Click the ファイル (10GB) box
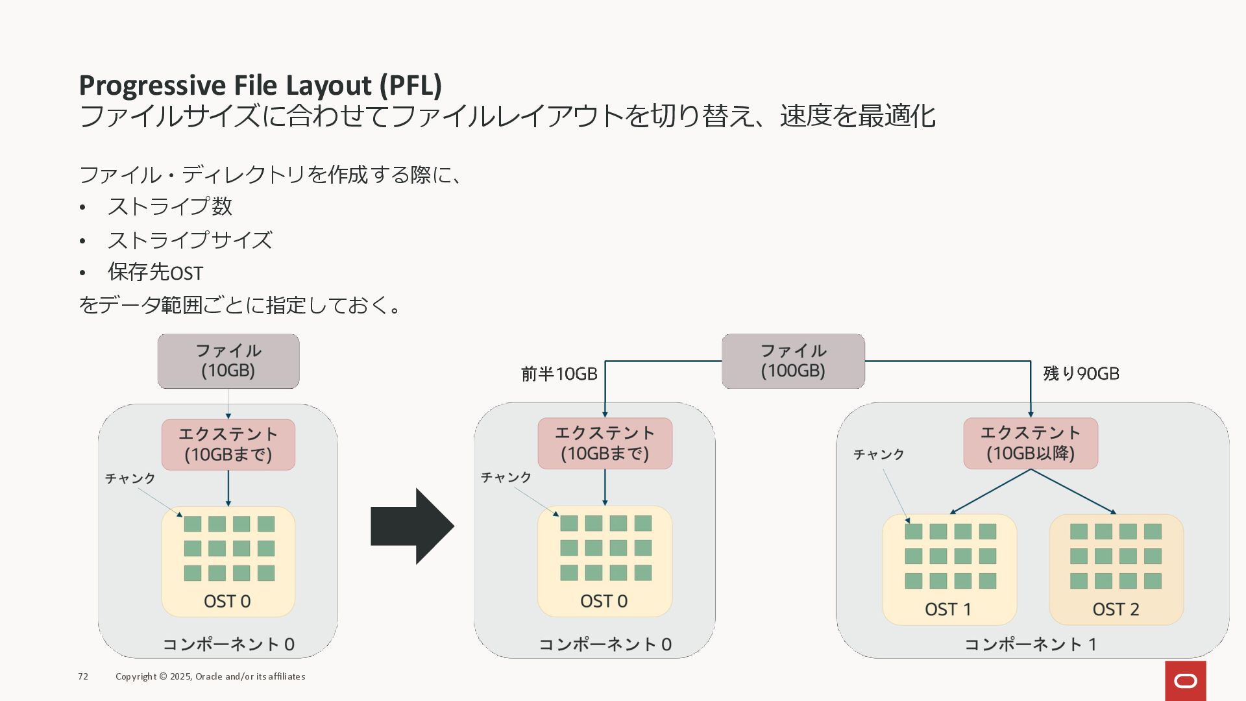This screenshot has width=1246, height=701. (228, 361)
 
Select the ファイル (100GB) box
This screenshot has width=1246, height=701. (793, 361)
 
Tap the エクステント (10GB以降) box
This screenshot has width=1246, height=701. (1031, 443)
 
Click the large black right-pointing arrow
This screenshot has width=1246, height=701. (412, 526)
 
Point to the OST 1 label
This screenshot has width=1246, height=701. (948, 609)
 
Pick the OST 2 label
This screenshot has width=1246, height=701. (1116, 609)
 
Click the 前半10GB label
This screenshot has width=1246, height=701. (559, 374)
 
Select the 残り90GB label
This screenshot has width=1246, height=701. (1081, 374)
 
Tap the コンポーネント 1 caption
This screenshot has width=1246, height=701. (1031, 645)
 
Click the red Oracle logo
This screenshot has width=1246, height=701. (1186, 681)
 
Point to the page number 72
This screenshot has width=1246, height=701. (83, 676)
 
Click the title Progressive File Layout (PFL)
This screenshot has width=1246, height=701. (260, 85)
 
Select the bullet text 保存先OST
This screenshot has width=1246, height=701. (156, 273)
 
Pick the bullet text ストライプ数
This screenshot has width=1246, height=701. (170, 206)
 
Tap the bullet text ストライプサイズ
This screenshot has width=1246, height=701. (189, 240)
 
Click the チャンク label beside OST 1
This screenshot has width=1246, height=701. (879, 454)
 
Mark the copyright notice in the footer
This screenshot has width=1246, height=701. (210, 676)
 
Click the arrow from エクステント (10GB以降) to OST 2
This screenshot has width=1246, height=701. (1074, 491)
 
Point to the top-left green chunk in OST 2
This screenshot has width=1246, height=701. (1079, 532)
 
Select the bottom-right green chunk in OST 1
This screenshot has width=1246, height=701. (988, 581)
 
